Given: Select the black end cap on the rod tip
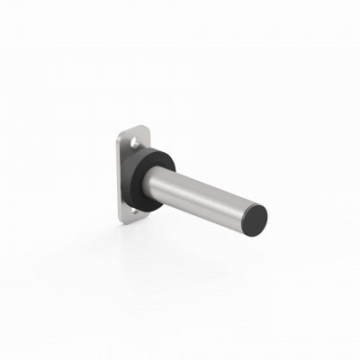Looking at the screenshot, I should click(x=256, y=218).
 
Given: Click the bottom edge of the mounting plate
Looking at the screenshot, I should click(x=131, y=222).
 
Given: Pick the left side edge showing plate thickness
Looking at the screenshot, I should click(x=120, y=180).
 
